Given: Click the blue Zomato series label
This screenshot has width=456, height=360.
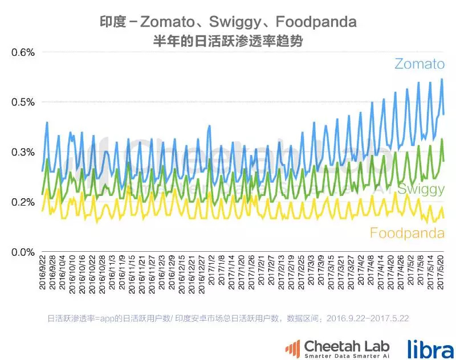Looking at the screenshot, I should pyautogui.click(x=418, y=64).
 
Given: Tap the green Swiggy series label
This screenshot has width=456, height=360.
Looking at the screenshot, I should pyautogui.click(x=421, y=190).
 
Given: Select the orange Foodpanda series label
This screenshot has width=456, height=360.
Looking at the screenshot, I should pyautogui.click(x=407, y=233).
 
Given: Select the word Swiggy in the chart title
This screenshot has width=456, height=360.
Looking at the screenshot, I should pyautogui.click(x=239, y=23).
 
